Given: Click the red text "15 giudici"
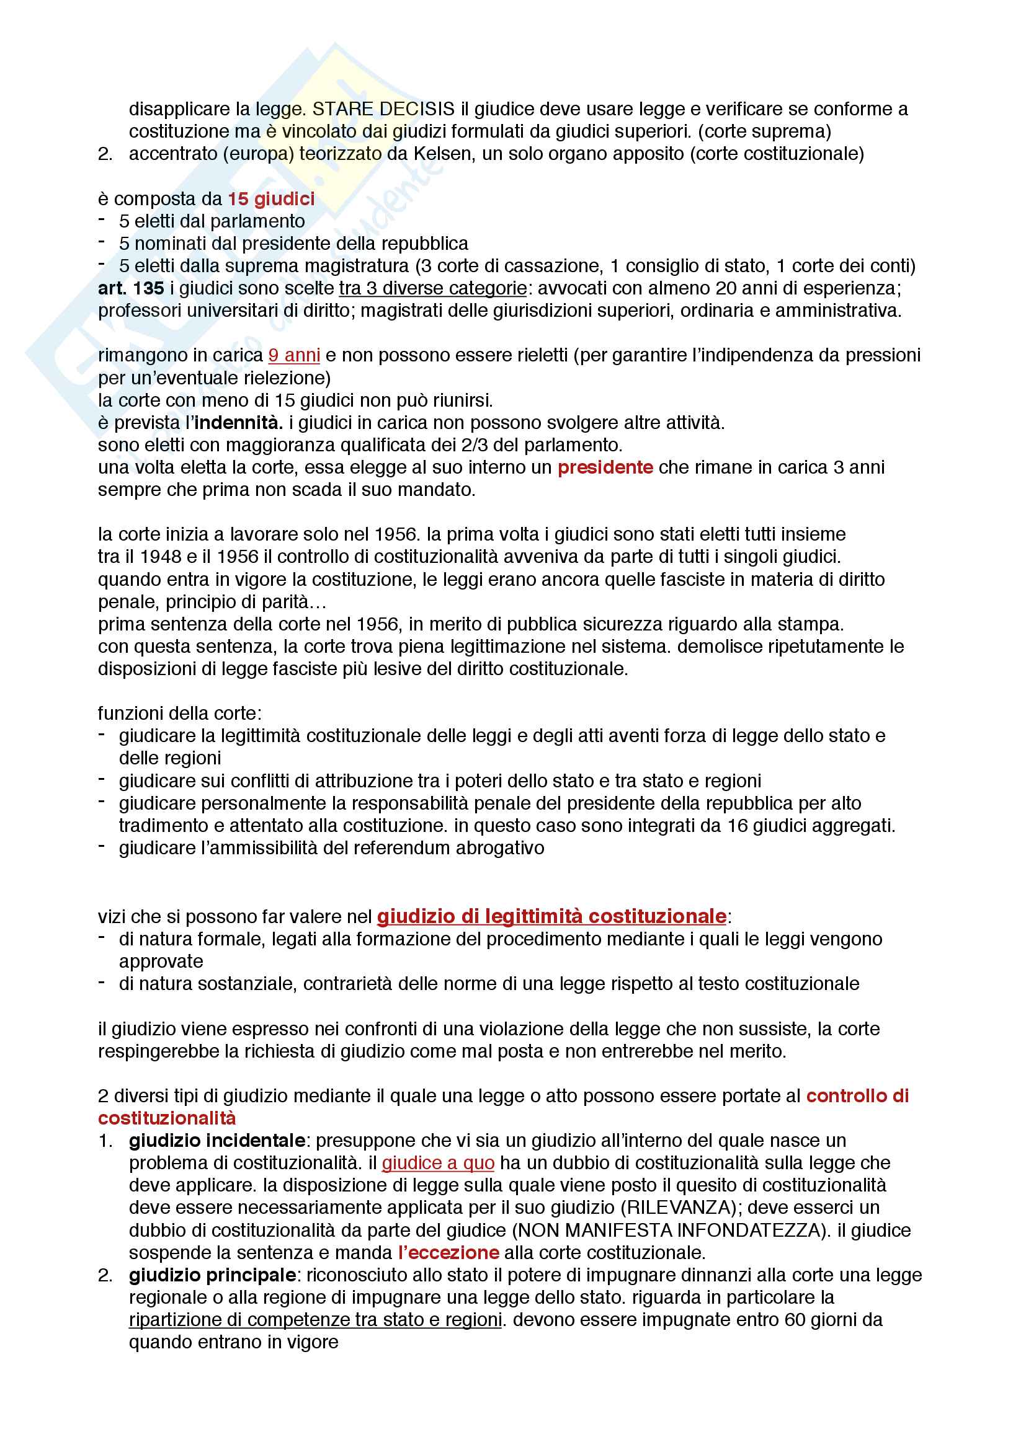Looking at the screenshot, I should tap(271, 199).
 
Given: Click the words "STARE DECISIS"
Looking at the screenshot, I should tap(383, 109).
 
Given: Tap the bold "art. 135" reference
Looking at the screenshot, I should tap(131, 289).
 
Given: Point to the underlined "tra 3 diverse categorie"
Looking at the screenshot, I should tap(433, 289).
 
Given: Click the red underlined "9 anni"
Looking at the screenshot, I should tap(294, 356).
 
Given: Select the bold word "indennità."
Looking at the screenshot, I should tap(238, 423).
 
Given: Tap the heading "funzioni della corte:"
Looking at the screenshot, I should tap(179, 714).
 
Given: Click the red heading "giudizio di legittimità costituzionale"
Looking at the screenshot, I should tap(551, 916).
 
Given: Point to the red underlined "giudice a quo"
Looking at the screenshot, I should tap(438, 1163).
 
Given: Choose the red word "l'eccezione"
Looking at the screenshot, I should tap(448, 1253).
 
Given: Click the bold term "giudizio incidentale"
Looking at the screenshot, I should tap(216, 1141).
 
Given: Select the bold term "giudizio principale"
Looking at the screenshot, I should tap(212, 1276).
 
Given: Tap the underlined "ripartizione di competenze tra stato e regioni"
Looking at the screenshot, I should tap(315, 1320).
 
